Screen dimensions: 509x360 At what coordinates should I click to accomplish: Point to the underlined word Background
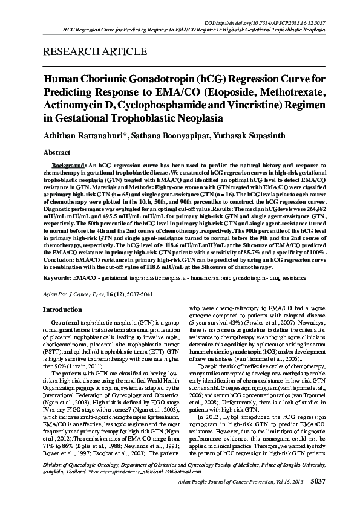[x=67, y=165]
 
